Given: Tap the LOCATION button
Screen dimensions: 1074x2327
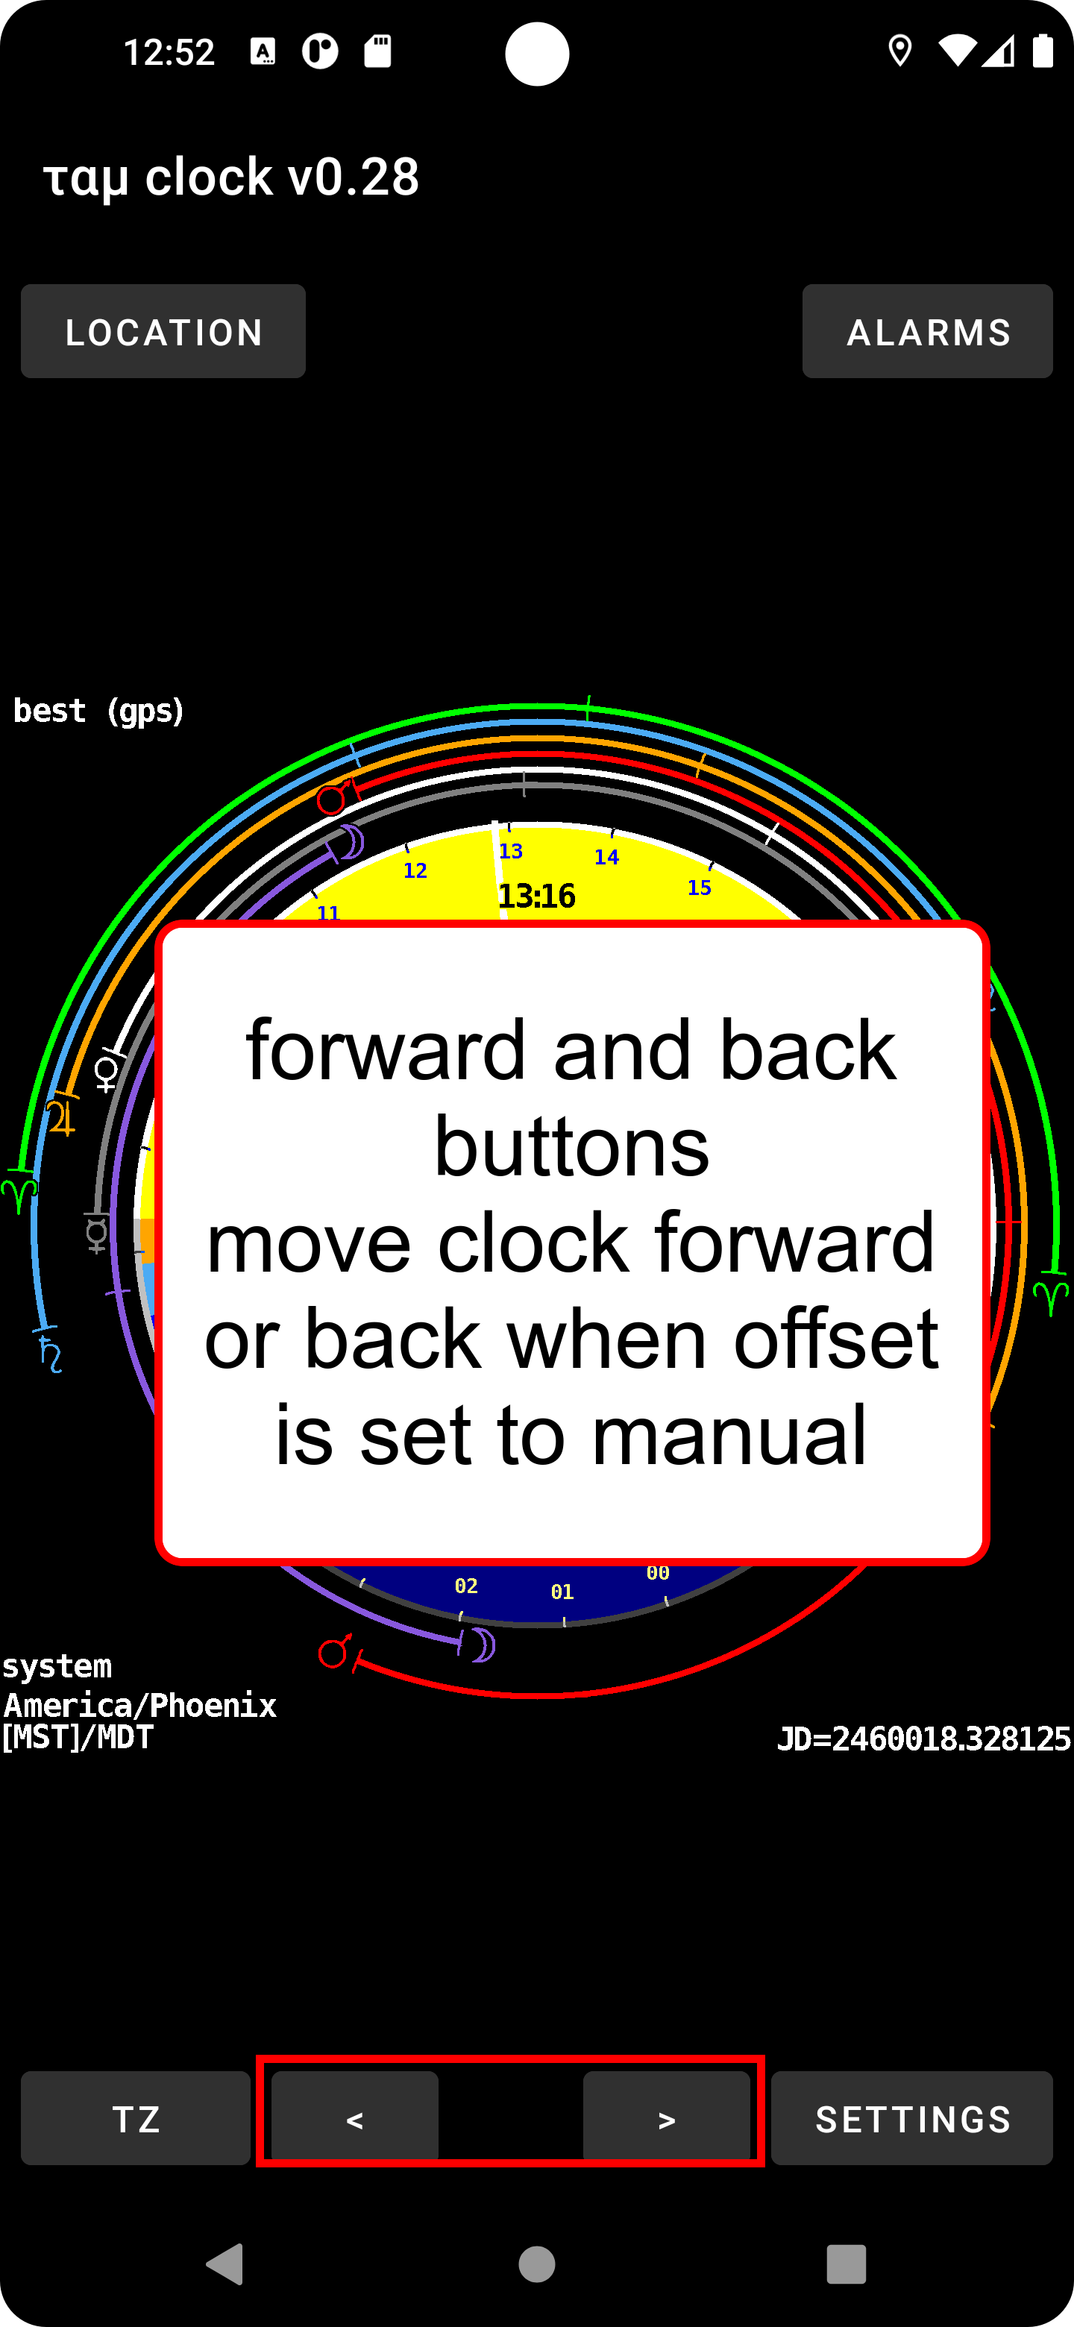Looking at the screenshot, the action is coord(163,332).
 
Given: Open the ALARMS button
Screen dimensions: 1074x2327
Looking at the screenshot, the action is coord(928,332).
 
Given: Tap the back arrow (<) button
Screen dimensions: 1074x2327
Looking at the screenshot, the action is coord(355,2119).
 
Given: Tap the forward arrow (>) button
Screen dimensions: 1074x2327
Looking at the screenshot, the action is coord(667,2119).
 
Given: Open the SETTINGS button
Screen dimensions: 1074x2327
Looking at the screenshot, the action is coord(912,2119).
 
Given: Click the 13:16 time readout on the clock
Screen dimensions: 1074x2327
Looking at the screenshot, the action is coord(536,896).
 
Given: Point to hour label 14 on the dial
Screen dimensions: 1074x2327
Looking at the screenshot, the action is coord(607,857).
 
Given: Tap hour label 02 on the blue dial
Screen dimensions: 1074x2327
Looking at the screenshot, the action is coord(466,1586).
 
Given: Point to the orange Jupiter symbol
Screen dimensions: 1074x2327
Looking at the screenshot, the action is coord(61,1117).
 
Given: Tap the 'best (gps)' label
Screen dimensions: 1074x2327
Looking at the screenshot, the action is coord(98,711).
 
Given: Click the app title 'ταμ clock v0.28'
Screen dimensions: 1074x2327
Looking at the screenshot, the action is coord(231,176).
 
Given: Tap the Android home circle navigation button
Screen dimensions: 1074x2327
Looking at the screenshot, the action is coord(536,2264).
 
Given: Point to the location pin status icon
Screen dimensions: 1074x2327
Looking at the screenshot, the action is coord(899,51).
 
